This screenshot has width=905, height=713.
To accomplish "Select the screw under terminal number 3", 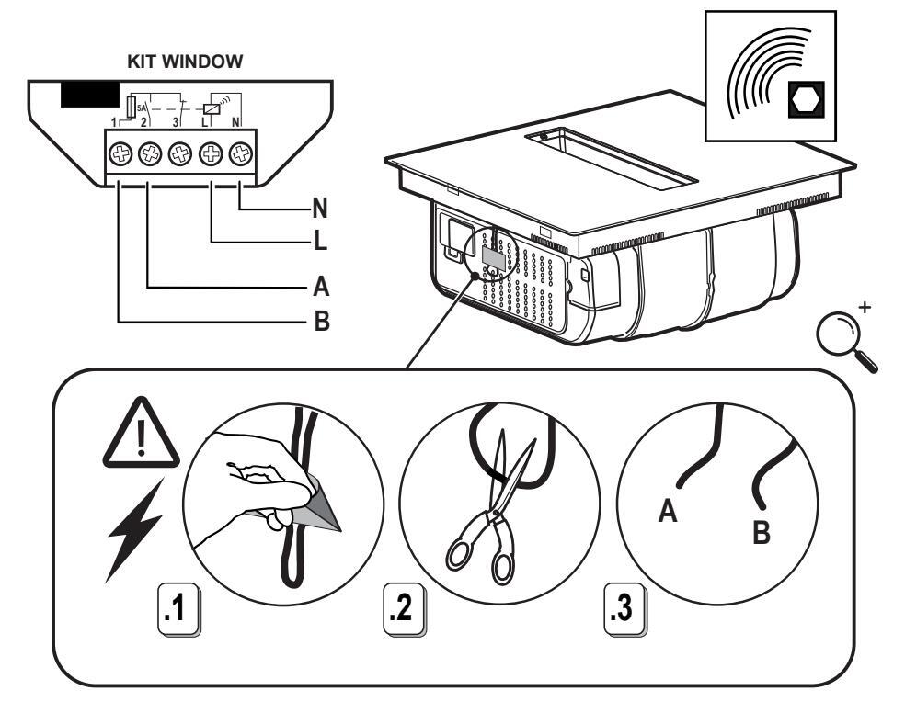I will pos(181,153).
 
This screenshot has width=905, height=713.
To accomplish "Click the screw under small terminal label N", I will pos(241,153).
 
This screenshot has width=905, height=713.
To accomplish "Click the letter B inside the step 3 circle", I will pos(762,533).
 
